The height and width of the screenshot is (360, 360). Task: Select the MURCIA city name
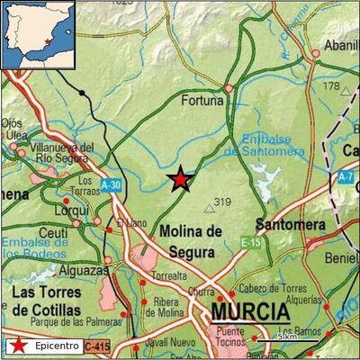click(x=250, y=313)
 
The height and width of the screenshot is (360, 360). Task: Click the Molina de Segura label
click(x=190, y=240)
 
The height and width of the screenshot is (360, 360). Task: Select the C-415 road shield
click(x=97, y=346)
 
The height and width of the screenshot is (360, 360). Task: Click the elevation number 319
click(x=223, y=202)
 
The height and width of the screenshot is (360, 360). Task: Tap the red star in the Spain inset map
click(x=47, y=40)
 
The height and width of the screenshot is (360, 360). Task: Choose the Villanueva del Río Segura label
click(x=62, y=152)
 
